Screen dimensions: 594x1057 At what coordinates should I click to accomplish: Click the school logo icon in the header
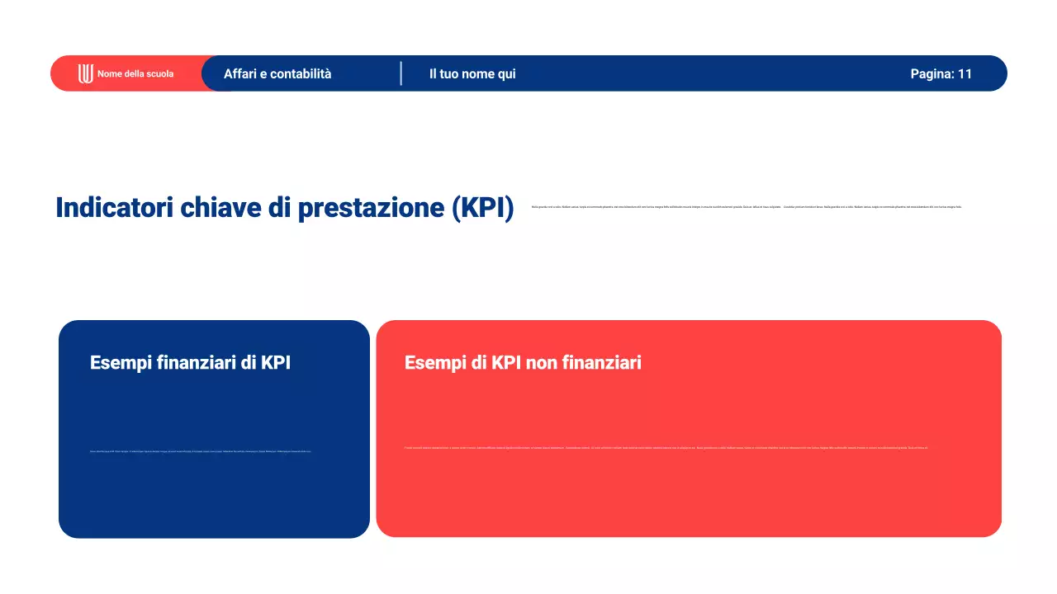pyautogui.click(x=85, y=73)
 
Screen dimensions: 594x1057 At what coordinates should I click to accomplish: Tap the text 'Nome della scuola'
pyautogui.click(x=135, y=74)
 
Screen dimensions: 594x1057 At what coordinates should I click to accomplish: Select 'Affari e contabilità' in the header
pyautogui.click(x=277, y=74)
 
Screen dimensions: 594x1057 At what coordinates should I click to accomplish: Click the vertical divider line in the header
pyautogui.click(x=401, y=73)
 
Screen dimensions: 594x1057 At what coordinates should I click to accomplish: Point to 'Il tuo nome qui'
pyautogui.click(x=472, y=74)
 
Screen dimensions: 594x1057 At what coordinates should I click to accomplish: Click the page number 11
pyautogui.click(x=965, y=74)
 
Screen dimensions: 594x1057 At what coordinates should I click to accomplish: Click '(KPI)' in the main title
pyautogui.click(x=483, y=208)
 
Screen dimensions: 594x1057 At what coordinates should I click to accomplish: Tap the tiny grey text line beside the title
pyautogui.click(x=747, y=207)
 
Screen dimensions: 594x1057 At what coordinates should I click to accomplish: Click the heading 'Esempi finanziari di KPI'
pyautogui.click(x=190, y=363)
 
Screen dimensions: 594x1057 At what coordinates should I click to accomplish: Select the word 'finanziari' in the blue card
pyautogui.click(x=197, y=363)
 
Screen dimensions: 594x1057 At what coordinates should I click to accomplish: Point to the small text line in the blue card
pyautogui.click(x=200, y=451)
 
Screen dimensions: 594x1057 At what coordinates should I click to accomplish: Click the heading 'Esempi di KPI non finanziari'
pyautogui.click(x=523, y=363)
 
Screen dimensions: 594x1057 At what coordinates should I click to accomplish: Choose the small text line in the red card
pyautogui.click(x=666, y=448)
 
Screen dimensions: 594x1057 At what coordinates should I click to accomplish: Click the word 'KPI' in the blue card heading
pyautogui.click(x=276, y=363)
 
